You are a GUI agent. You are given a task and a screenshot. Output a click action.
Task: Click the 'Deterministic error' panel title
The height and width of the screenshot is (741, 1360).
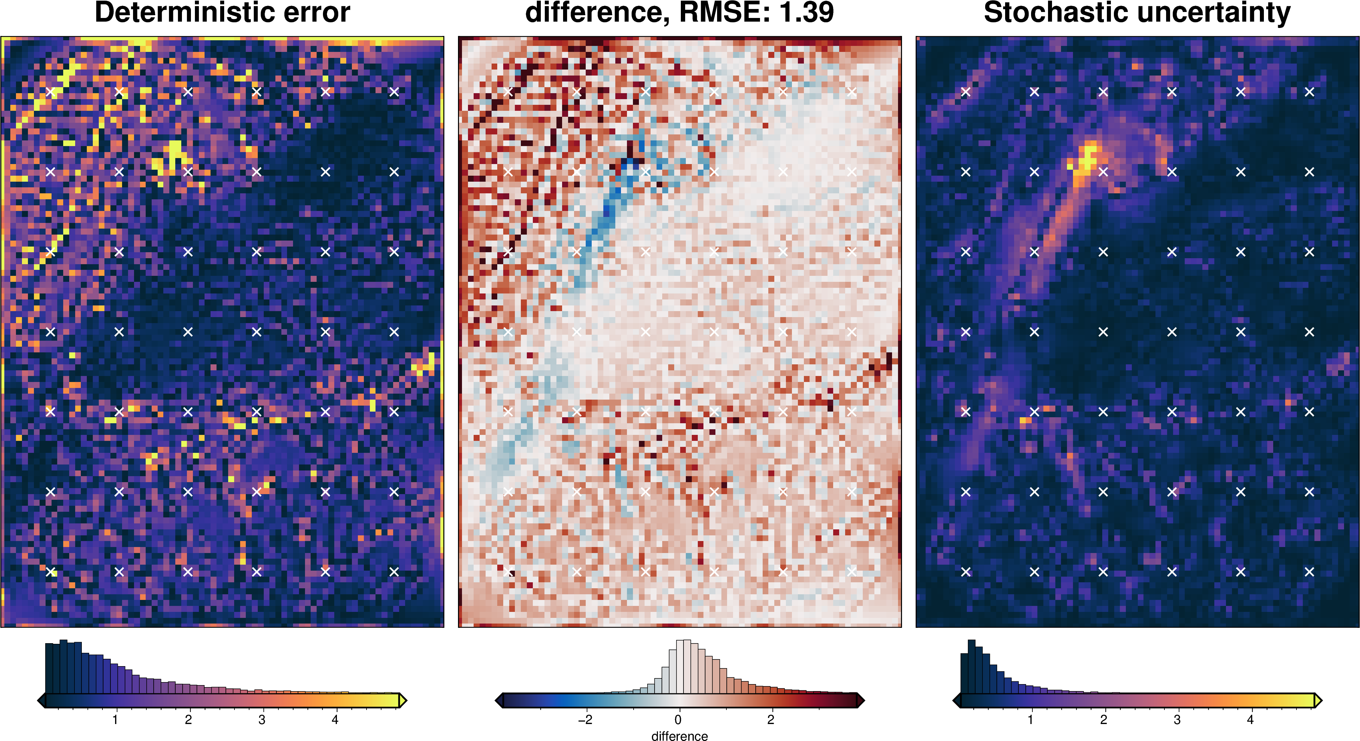(x=222, y=13)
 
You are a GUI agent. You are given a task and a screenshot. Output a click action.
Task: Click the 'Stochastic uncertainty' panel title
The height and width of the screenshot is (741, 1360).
(x=1137, y=13)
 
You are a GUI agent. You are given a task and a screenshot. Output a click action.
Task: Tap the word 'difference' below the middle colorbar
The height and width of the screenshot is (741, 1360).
(x=680, y=736)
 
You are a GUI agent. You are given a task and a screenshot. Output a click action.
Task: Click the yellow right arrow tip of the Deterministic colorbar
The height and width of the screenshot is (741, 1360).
(x=403, y=701)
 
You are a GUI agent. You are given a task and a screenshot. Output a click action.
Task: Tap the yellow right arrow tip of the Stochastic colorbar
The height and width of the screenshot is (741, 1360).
(x=1318, y=701)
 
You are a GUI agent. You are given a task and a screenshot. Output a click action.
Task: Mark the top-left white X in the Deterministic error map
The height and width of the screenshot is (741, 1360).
(x=51, y=92)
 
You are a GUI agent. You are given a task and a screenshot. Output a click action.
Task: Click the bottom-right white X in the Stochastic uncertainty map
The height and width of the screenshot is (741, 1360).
(x=1309, y=571)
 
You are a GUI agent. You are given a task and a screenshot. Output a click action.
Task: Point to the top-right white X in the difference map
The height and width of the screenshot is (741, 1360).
(x=851, y=92)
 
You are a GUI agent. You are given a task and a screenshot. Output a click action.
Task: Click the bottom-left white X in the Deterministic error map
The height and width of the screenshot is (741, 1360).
(x=51, y=571)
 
